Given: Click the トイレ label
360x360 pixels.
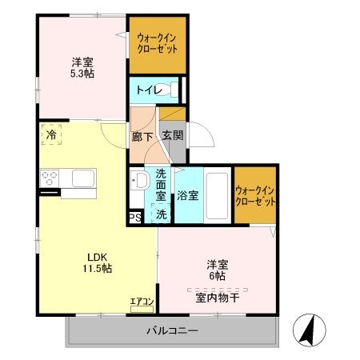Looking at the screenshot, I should pyautogui.click(x=146, y=90).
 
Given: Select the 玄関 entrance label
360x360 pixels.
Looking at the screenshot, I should pyautogui.click(x=171, y=136).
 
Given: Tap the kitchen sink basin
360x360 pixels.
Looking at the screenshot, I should pyautogui.click(x=83, y=177).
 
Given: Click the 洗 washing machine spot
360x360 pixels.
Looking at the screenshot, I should pyautogui.click(x=161, y=214).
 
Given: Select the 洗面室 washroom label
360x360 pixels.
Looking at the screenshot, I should pyautogui.click(x=161, y=185).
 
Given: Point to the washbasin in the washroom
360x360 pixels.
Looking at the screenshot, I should pyautogui.click(x=138, y=181).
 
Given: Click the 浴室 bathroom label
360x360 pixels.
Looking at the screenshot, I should pyautogui.click(x=188, y=195).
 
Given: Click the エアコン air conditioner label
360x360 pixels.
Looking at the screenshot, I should pyautogui.click(x=143, y=302).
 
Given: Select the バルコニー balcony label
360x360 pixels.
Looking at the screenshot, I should pyautogui.click(x=171, y=330).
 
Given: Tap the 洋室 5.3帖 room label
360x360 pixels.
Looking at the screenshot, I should pyautogui.click(x=81, y=68).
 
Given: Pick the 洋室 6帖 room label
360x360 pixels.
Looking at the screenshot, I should pyautogui.click(x=218, y=269).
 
